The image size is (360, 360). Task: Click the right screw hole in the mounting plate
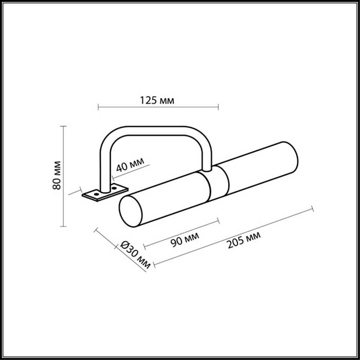coord(114,187)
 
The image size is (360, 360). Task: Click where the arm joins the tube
coord(207,168)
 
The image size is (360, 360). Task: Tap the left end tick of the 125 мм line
coord(98,107)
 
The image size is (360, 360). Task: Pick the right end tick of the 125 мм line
coord(218,107)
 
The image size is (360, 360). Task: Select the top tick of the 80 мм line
coord(64,126)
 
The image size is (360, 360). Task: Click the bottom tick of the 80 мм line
coord(64,226)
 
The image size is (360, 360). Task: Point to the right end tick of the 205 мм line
coord(312,209)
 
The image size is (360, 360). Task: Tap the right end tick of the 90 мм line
coord(218,221)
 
